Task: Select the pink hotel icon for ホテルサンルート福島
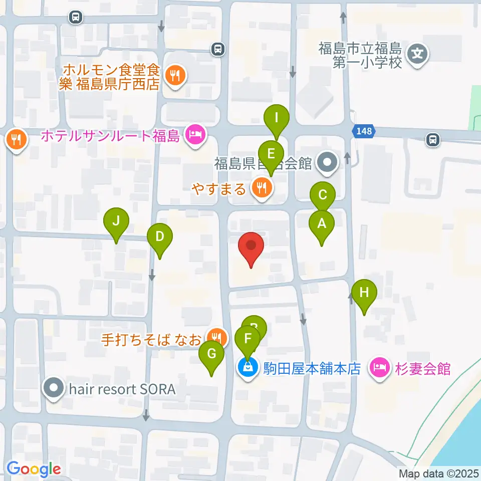[195, 134]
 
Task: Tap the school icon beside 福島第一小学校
[418, 52]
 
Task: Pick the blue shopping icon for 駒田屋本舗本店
[248, 368]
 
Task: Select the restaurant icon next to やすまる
[262, 188]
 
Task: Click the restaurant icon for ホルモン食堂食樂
[175, 75]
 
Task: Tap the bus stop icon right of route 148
[433, 139]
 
